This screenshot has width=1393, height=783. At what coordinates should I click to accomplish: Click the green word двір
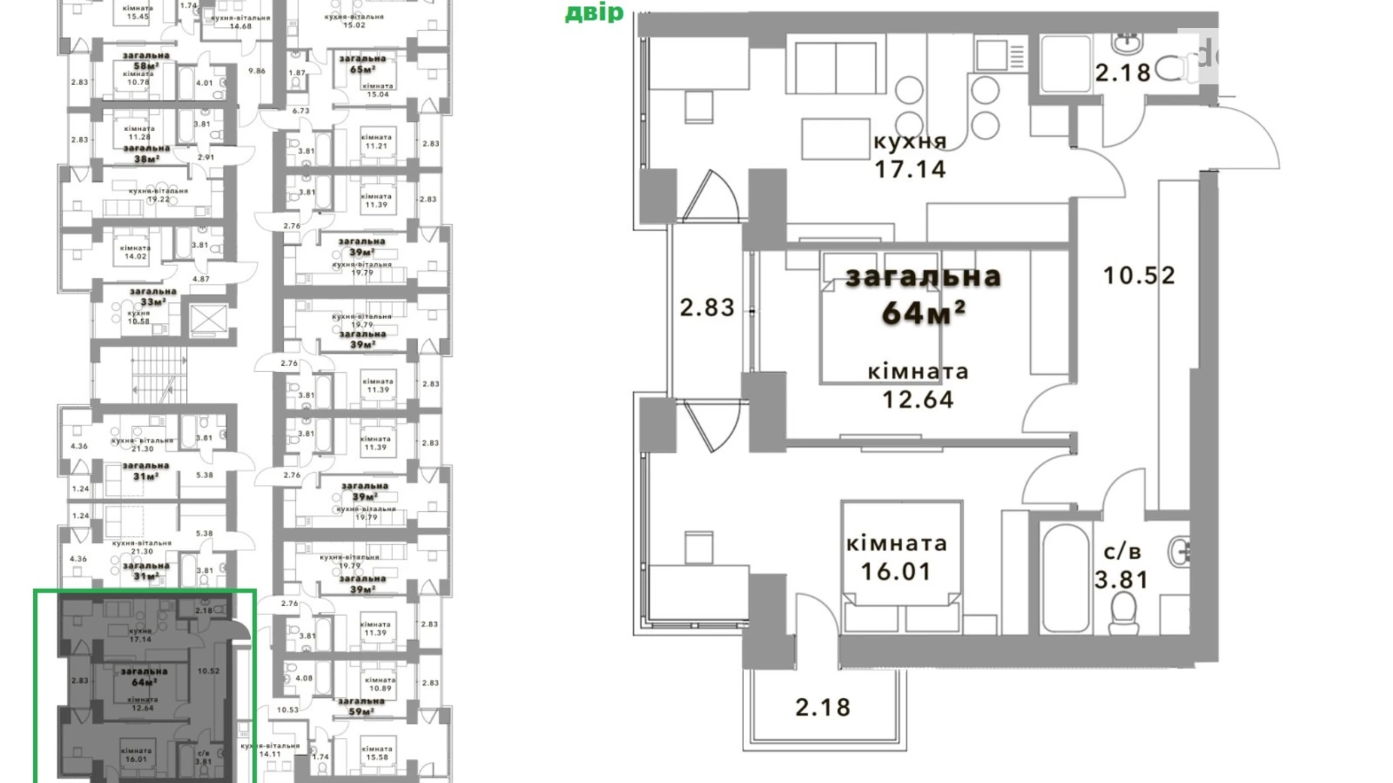pyautogui.click(x=594, y=13)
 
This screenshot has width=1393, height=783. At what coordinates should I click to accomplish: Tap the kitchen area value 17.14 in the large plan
pyautogui.click(x=910, y=169)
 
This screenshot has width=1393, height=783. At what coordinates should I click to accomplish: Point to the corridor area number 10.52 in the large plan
pyautogui.click(x=1138, y=276)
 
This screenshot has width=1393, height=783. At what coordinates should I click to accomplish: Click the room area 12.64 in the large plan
pyautogui.click(x=918, y=399)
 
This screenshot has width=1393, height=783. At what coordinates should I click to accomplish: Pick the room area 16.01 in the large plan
pyautogui.click(x=896, y=571)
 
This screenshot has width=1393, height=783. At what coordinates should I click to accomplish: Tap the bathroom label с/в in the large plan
pyautogui.click(x=1122, y=552)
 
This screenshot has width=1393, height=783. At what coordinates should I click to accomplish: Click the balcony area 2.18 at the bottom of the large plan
pyautogui.click(x=823, y=708)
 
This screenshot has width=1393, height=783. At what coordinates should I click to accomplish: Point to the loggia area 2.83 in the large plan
pyautogui.click(x=706, y=308)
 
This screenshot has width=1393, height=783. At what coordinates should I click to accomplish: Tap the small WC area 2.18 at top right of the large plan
pyautogui.click(x=1123, y=73)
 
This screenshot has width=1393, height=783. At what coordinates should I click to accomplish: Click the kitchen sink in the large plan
pyautogui.click(x=992, y=54)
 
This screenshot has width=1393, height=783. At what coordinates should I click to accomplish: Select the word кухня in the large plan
pyautogui.click(x=910, y=142)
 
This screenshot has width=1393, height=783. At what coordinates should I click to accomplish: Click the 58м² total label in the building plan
pyautogui.click(x=146, y=66)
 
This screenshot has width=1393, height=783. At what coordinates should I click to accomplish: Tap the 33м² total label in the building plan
pyautogui.click(x=153, y=302)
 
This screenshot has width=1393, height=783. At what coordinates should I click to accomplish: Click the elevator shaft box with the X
pyautogui.click(x=208, y=319)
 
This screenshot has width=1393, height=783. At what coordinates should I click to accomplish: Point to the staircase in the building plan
pyautogui.click(x=158, y=374)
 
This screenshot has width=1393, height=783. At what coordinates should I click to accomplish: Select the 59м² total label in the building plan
pyautogui.click(x=361, y=711)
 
